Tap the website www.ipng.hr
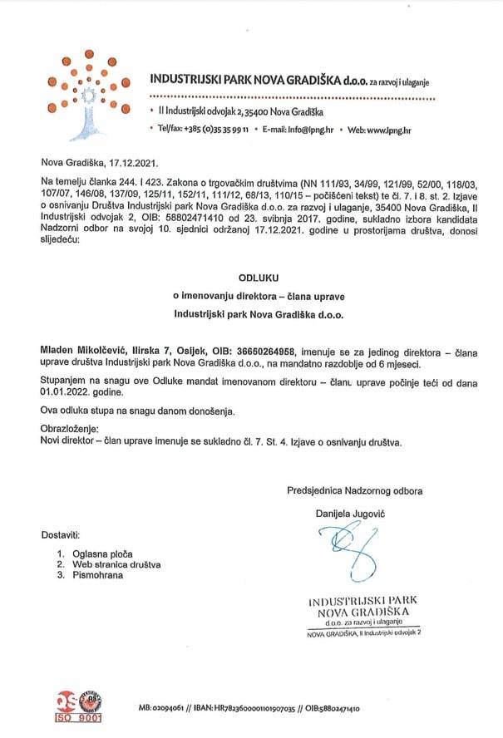[x=390, y=130]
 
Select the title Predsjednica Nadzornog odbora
[x=355, y=490]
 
